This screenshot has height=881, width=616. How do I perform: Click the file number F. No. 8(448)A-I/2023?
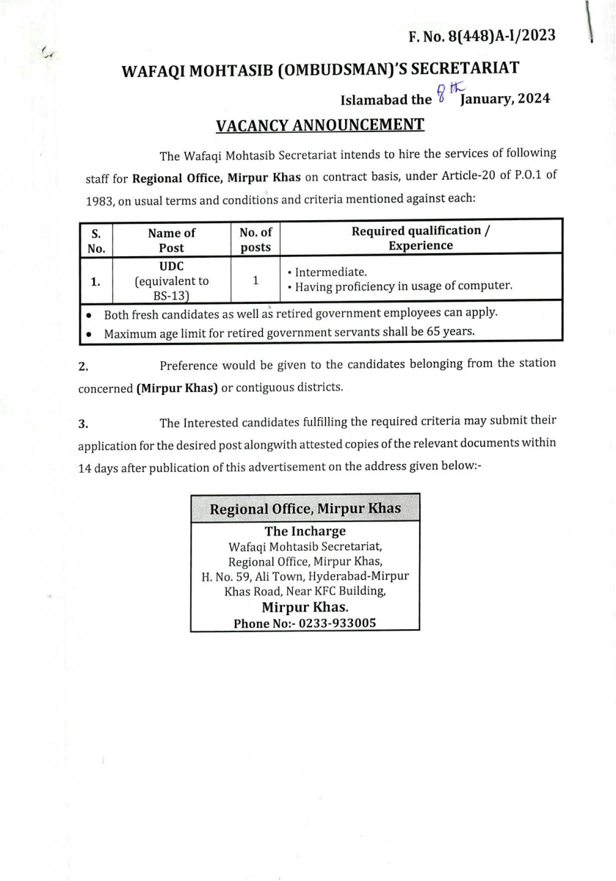[482, 35]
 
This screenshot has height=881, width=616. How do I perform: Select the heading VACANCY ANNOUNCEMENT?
[319, 125]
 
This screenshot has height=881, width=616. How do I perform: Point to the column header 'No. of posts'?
[256, 239]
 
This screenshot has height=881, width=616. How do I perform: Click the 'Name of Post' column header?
[171, 239]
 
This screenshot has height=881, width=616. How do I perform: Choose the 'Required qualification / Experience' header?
[421, 238]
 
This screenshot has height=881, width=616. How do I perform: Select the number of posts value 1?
[256, 280]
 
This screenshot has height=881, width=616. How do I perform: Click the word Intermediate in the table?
[325, 272]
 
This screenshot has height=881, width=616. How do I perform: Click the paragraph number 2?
[83, 365]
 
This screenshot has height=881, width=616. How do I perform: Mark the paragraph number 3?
[83, 423]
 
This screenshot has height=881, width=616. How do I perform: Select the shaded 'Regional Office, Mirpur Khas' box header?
[305, 509]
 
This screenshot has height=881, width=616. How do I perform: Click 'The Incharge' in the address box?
[305, 531]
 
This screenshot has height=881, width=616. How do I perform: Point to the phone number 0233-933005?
[337, 623]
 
